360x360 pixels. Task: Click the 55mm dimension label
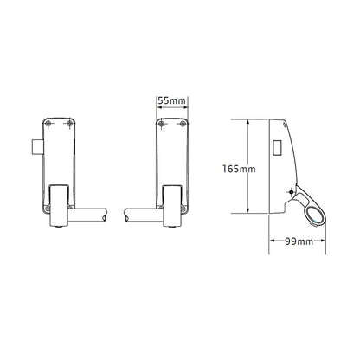171,101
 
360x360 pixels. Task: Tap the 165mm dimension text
239,169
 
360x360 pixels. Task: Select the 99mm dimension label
299,241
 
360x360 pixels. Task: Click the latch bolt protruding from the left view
37,146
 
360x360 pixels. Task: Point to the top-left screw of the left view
48,124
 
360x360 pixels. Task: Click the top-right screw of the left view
69,124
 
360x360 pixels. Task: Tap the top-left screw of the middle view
162,124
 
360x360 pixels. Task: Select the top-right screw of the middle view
183,124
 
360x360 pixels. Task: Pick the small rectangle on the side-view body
277,148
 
